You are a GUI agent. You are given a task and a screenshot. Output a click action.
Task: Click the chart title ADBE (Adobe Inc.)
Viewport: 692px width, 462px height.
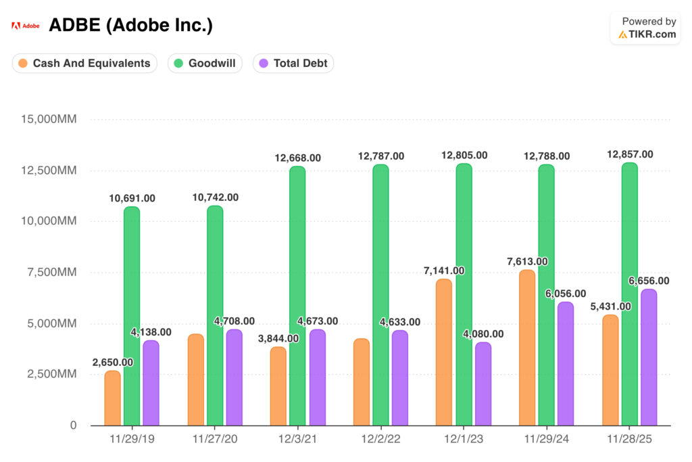click(x=130, y=26)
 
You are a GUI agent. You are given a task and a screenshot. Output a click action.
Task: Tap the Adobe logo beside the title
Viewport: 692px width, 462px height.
click(x=25, y=26)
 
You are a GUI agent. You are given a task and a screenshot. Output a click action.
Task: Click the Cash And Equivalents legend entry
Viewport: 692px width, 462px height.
click(x=84, y=64)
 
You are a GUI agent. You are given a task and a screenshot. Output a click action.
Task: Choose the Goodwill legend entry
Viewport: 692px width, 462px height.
click(x=205, y=64)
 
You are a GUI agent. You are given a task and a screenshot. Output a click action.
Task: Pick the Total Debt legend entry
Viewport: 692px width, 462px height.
click(x=293, y=64)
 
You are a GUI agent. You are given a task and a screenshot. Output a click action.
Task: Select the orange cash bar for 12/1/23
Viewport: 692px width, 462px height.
click(x=443, y=352)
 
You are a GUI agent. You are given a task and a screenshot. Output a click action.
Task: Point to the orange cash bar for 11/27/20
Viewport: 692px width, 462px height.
click(x=195, y=379)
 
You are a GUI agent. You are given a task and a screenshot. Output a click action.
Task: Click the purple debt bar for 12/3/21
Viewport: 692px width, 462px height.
click(x=317, y=377)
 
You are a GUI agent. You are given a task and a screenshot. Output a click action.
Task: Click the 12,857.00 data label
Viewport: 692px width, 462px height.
click(x=630, y=154)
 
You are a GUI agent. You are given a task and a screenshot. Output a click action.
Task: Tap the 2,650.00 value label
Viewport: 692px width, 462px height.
click(x=113, y=362)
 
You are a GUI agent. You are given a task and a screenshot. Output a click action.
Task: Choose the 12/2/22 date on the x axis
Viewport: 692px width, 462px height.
click(x=380, y=439)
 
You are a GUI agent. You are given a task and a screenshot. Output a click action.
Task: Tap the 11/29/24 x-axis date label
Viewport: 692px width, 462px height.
click(x=547, y=439)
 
